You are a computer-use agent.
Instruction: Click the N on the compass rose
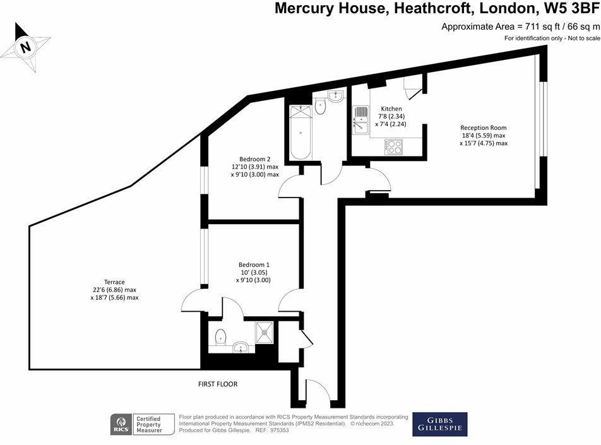(26, 47)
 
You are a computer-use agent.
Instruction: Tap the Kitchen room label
(391, 109)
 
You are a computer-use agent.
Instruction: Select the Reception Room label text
(484, 128)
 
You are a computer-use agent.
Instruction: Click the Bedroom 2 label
(255, 159)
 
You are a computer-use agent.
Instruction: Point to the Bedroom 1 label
(254, 265)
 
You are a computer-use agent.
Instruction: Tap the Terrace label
(114, 282)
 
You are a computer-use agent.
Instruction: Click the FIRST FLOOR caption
(218, 384)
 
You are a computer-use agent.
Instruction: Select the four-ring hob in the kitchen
(394, 146)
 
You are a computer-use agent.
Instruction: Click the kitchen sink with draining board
(360, 120)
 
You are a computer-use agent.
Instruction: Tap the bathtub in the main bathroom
(300, 133)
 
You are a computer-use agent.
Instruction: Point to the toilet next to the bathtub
(320, 106)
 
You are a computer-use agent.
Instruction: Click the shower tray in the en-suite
(265, 333)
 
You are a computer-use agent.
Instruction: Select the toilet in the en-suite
(220, 337)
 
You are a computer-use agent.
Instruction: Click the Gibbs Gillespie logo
(439, 424)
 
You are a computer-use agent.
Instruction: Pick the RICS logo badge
(121, 424)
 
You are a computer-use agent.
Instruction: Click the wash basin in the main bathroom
(336, 96)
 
